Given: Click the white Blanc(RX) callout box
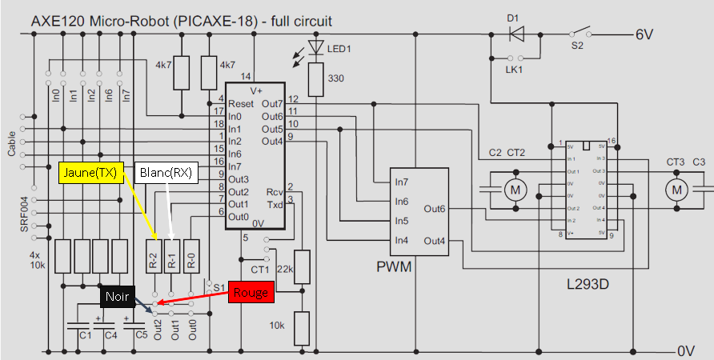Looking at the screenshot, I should click(166, 172).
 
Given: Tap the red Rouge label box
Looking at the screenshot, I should click(251, 292).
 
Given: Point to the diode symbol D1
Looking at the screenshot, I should click(516, 34).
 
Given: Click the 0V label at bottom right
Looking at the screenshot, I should click(686, 350).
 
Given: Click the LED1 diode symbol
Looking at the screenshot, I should click(317, 49).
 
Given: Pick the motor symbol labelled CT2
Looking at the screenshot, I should click(512, 190).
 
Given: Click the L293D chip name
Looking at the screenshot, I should click(588, 285).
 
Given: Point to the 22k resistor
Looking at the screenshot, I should click(302, 265).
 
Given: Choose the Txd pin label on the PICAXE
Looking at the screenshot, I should click(274, 204).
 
